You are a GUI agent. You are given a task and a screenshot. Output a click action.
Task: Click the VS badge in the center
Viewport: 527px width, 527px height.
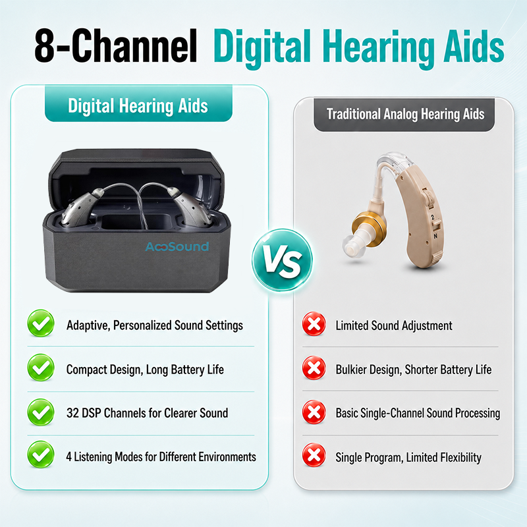pos(282,259)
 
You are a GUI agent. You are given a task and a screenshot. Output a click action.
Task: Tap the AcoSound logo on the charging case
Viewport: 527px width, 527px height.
pos(177,246)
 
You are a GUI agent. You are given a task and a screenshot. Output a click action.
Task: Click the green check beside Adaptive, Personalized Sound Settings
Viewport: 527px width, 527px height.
pos(41,323)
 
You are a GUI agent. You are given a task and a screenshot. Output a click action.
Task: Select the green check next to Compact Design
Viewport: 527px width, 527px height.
pos(41,368)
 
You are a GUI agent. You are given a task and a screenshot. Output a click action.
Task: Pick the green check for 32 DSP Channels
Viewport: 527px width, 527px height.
pos(41,412)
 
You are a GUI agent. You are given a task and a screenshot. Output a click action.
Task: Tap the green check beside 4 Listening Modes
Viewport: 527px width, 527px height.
pos(41,455)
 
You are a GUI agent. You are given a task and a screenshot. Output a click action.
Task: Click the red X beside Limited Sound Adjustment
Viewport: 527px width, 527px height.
pos(314,324)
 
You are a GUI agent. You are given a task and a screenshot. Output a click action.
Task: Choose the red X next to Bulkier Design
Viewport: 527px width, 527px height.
pos(314,368)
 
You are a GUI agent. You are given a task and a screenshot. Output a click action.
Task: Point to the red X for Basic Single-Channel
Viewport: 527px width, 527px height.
pos(314,412)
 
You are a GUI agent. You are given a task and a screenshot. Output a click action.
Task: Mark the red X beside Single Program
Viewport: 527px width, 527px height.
pos(314,455)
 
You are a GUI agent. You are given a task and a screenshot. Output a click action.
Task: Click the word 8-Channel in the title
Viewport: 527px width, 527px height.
pos(116,45)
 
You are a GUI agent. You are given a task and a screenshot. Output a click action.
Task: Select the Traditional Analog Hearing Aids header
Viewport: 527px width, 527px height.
pos(404,115)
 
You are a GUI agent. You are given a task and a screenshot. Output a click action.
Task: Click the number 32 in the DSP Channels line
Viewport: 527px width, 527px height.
pos(72,413)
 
